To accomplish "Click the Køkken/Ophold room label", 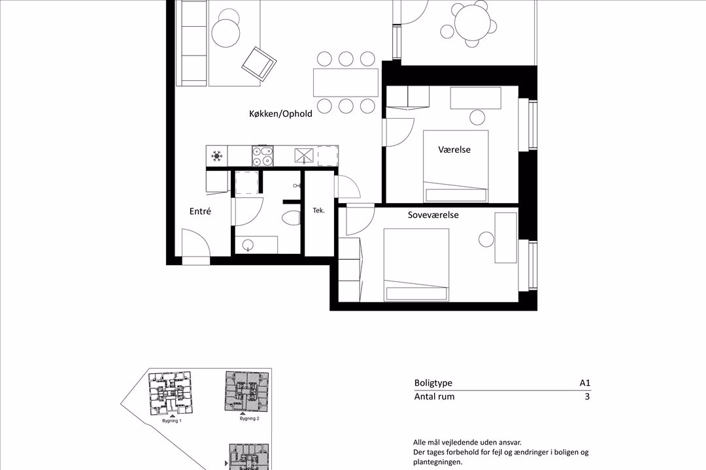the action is [x=280, y=114].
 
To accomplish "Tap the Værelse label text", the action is [x=454, y=149].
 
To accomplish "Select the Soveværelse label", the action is [x=433, y=214].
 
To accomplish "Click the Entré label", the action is [x=200, y=211].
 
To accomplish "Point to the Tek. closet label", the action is [x=319, y=210].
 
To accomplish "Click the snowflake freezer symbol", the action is [x=216, y=156].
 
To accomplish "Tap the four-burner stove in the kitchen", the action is [x=262, y=157].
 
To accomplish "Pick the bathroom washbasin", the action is [x=248, y=245].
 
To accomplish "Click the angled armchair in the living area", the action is [x=258, y=63].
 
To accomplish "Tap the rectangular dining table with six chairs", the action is [x=346, y=82].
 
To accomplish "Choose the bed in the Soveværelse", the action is [x=416, y=264].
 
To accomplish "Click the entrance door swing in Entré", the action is [x=195, y=245].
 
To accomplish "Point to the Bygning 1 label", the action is [x=171, y=421].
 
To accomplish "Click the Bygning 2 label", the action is [x=250, y=418].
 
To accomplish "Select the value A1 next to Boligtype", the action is [x=584, y=383].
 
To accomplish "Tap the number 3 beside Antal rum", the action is [x=586, y=396].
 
